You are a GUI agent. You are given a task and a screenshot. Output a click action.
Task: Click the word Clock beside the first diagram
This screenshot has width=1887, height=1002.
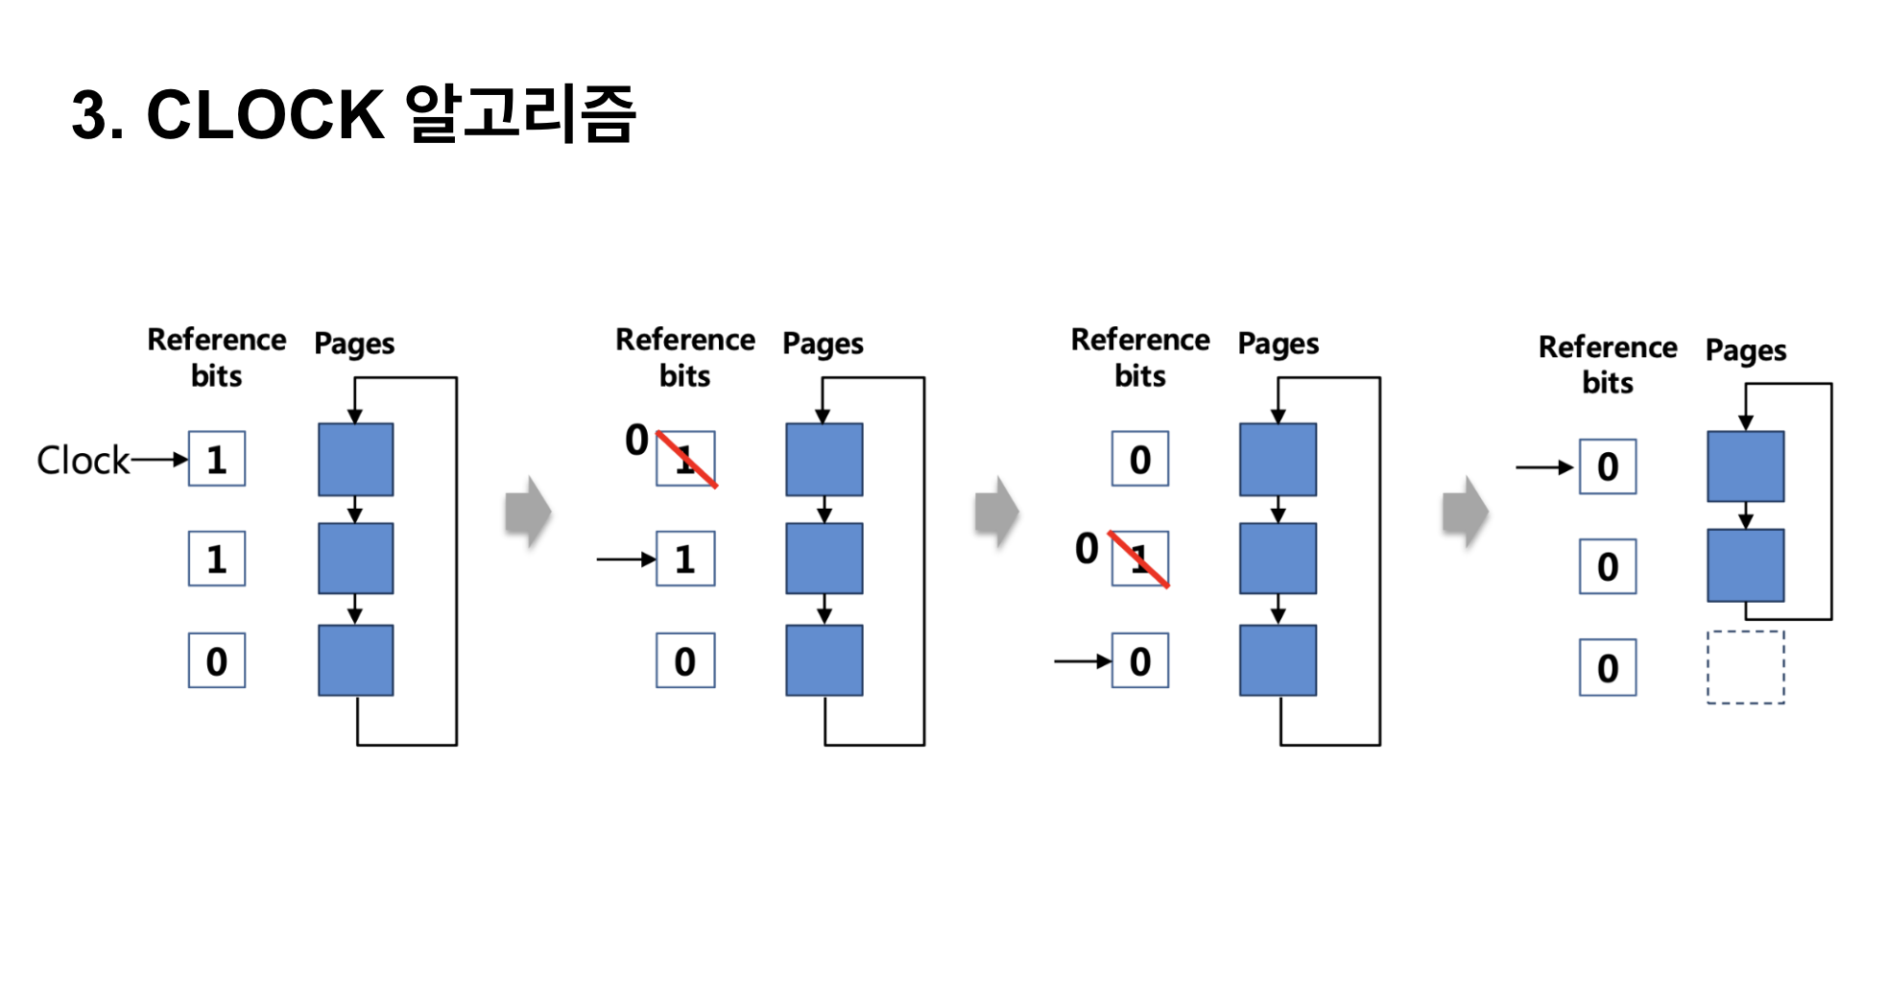click(83, 460)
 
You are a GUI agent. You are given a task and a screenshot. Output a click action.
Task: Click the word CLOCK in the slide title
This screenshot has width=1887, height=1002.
click(265, 115)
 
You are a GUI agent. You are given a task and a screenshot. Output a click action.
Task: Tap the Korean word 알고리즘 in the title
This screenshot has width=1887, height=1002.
click(521, 114)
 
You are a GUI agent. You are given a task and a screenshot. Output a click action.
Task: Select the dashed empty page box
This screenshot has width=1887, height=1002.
click(1745, 667)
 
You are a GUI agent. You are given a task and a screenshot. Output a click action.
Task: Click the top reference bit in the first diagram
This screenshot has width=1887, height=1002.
click(217, 459)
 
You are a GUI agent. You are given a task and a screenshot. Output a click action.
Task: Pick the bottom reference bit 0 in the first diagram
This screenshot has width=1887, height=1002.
click(217, 660)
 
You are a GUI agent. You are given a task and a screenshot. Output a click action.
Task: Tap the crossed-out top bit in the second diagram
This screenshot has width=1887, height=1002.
click(685, 459)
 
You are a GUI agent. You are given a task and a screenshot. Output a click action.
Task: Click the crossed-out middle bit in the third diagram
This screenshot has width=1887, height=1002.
click(1140, 559)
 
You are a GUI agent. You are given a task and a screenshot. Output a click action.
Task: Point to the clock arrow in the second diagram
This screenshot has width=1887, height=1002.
click(626, 559)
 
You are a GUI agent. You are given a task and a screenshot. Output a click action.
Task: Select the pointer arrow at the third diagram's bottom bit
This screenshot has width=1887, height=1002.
click(1082, 661)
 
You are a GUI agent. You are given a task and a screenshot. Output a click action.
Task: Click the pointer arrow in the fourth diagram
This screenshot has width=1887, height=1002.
click(1544, 467)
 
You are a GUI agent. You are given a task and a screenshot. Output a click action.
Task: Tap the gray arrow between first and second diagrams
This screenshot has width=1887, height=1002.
click(528, 512)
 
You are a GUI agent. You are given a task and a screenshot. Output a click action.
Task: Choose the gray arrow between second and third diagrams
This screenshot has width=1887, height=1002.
click(996, 512)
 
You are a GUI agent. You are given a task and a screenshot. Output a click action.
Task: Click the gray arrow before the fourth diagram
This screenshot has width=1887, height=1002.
click(1465, 512)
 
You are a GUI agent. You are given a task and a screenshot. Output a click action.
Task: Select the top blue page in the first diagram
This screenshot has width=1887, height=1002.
click(355, 460)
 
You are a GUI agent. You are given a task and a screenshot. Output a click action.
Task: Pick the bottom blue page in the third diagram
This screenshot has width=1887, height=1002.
click(1278, 660)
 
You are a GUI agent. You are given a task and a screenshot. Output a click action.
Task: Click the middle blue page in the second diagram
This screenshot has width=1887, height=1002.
click(824, 559)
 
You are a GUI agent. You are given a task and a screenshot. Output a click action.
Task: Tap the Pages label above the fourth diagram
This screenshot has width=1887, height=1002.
click(1745, 351)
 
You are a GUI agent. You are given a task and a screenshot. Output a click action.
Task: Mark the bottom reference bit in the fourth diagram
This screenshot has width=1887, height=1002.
click(1608, 667)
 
